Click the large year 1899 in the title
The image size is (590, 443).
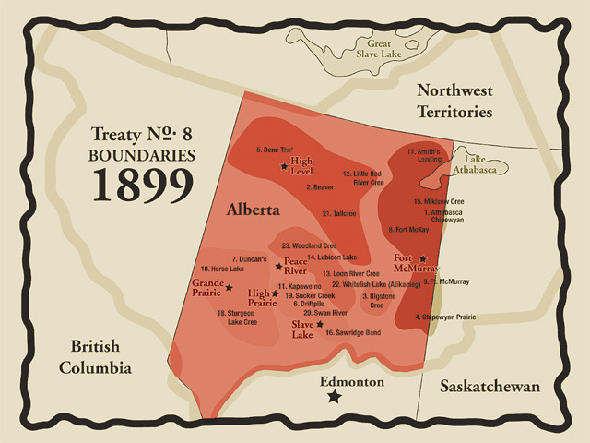142,186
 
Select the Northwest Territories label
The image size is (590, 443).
454,101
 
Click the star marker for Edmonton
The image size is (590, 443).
335,396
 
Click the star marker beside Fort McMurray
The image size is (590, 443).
423,259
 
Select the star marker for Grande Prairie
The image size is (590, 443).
229,288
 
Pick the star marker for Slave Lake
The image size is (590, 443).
320,324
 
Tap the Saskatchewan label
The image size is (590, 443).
489,386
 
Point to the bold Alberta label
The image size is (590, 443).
253,210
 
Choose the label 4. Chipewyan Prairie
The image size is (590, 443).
445,317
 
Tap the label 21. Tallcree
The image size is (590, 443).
339,213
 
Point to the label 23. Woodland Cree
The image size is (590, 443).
312,245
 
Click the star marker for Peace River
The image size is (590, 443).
278,267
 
